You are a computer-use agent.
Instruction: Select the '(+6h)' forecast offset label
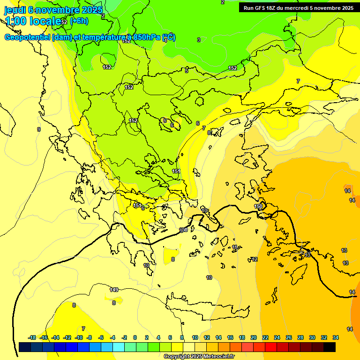[79, 21]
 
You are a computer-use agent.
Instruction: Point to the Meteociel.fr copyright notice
[199, 356]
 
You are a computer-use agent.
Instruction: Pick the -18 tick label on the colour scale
[32, 337]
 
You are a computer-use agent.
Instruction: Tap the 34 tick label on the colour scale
[336, 337]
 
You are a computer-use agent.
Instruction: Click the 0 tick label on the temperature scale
[135, 337]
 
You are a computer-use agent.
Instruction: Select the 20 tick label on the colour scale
[254, 337]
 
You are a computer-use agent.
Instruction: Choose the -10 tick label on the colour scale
[79, 337]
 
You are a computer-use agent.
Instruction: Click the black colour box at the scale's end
[330, 347]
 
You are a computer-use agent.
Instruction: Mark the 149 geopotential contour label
[114, 290]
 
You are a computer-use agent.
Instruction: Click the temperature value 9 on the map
[39, 129]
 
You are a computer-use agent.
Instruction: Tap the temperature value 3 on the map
[199, 40]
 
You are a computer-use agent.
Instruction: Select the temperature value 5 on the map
[187, 71]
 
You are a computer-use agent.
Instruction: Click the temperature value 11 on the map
[234, 247]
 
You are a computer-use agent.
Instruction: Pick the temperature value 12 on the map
[255, 259]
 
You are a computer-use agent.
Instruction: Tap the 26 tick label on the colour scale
[289, 337]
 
